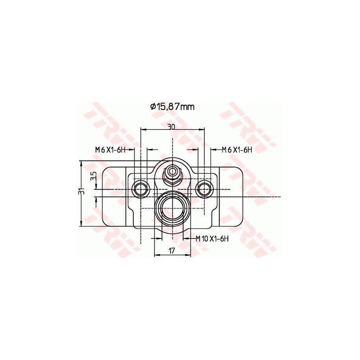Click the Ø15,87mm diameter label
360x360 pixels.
172,107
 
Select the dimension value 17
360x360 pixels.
172,251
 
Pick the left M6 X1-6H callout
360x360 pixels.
110,150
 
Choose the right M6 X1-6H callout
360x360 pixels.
237,150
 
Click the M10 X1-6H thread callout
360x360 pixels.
212,239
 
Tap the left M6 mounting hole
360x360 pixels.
140,190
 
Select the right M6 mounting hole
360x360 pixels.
204,190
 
